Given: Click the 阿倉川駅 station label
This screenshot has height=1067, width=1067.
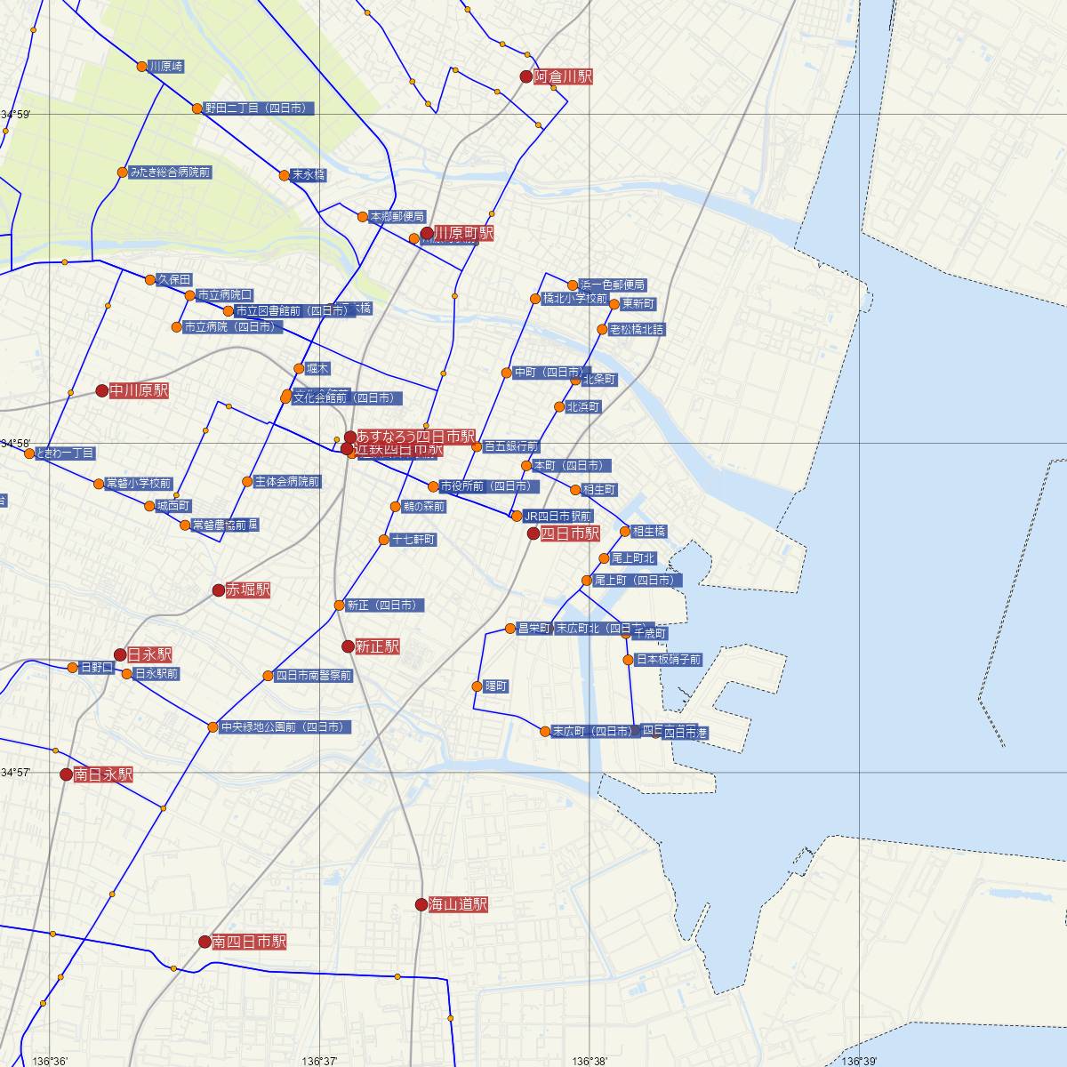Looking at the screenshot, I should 563,77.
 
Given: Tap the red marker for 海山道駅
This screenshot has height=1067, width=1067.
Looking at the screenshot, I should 421,904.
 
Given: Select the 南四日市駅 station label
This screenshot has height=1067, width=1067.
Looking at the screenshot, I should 249,942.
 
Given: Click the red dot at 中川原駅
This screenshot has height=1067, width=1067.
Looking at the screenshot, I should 102,390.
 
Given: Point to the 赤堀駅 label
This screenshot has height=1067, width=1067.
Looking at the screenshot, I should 248,590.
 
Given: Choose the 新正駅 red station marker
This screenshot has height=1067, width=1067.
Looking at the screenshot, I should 349,646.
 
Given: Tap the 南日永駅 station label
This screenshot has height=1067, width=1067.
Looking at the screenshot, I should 103,774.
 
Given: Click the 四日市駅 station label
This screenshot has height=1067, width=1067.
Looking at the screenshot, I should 570,533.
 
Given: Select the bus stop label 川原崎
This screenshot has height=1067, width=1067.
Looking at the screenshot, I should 166,67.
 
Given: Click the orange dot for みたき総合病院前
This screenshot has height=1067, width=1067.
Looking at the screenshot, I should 123,172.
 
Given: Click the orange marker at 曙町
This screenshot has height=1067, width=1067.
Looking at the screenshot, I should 477,686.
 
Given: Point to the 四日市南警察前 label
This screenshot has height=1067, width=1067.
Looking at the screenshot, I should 314,676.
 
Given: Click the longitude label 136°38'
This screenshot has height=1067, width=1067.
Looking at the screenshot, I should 590,1061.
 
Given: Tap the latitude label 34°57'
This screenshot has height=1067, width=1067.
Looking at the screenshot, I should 15,773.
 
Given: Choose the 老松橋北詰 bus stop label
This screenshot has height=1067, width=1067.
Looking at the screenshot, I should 637,330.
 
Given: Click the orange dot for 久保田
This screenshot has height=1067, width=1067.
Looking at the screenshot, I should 150,280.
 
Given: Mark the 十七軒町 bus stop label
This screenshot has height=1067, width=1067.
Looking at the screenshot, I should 413,540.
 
